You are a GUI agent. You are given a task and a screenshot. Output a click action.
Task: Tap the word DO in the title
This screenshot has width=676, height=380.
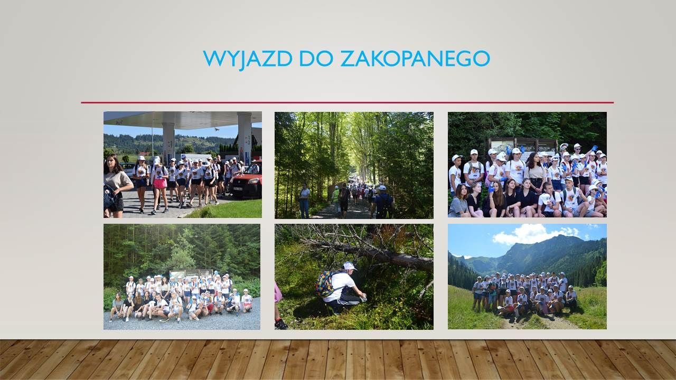(x=316, y=59)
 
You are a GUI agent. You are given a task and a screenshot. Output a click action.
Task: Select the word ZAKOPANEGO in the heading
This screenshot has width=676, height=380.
(x=415, y=59)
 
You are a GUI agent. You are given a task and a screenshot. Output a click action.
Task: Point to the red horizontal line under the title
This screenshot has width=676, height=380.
(x=348, y=102)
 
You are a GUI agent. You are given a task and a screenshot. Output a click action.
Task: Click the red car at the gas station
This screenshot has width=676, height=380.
(x=246, y=182)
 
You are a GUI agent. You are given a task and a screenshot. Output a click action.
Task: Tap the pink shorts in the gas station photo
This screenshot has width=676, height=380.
(x=160, y=183)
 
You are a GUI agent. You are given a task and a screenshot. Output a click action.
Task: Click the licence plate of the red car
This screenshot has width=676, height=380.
(x=238, y=189)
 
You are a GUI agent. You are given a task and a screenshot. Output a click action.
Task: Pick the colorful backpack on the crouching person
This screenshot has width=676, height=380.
(x=326, y=283)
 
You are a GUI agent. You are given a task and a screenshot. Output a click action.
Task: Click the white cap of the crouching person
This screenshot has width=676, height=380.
(x=350, y=266)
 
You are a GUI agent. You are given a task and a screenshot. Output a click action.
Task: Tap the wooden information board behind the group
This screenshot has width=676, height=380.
(x=523, y=147)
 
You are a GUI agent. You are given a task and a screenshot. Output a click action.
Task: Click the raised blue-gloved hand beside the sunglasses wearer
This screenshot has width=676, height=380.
(x=594, y=149)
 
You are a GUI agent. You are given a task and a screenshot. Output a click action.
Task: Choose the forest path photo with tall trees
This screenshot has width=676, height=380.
(x=354, y=165)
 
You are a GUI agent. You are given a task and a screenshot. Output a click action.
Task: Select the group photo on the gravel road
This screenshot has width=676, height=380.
(x=182, y=277)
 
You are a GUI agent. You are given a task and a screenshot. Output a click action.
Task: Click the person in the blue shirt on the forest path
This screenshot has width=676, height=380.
(x=383, y=202)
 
